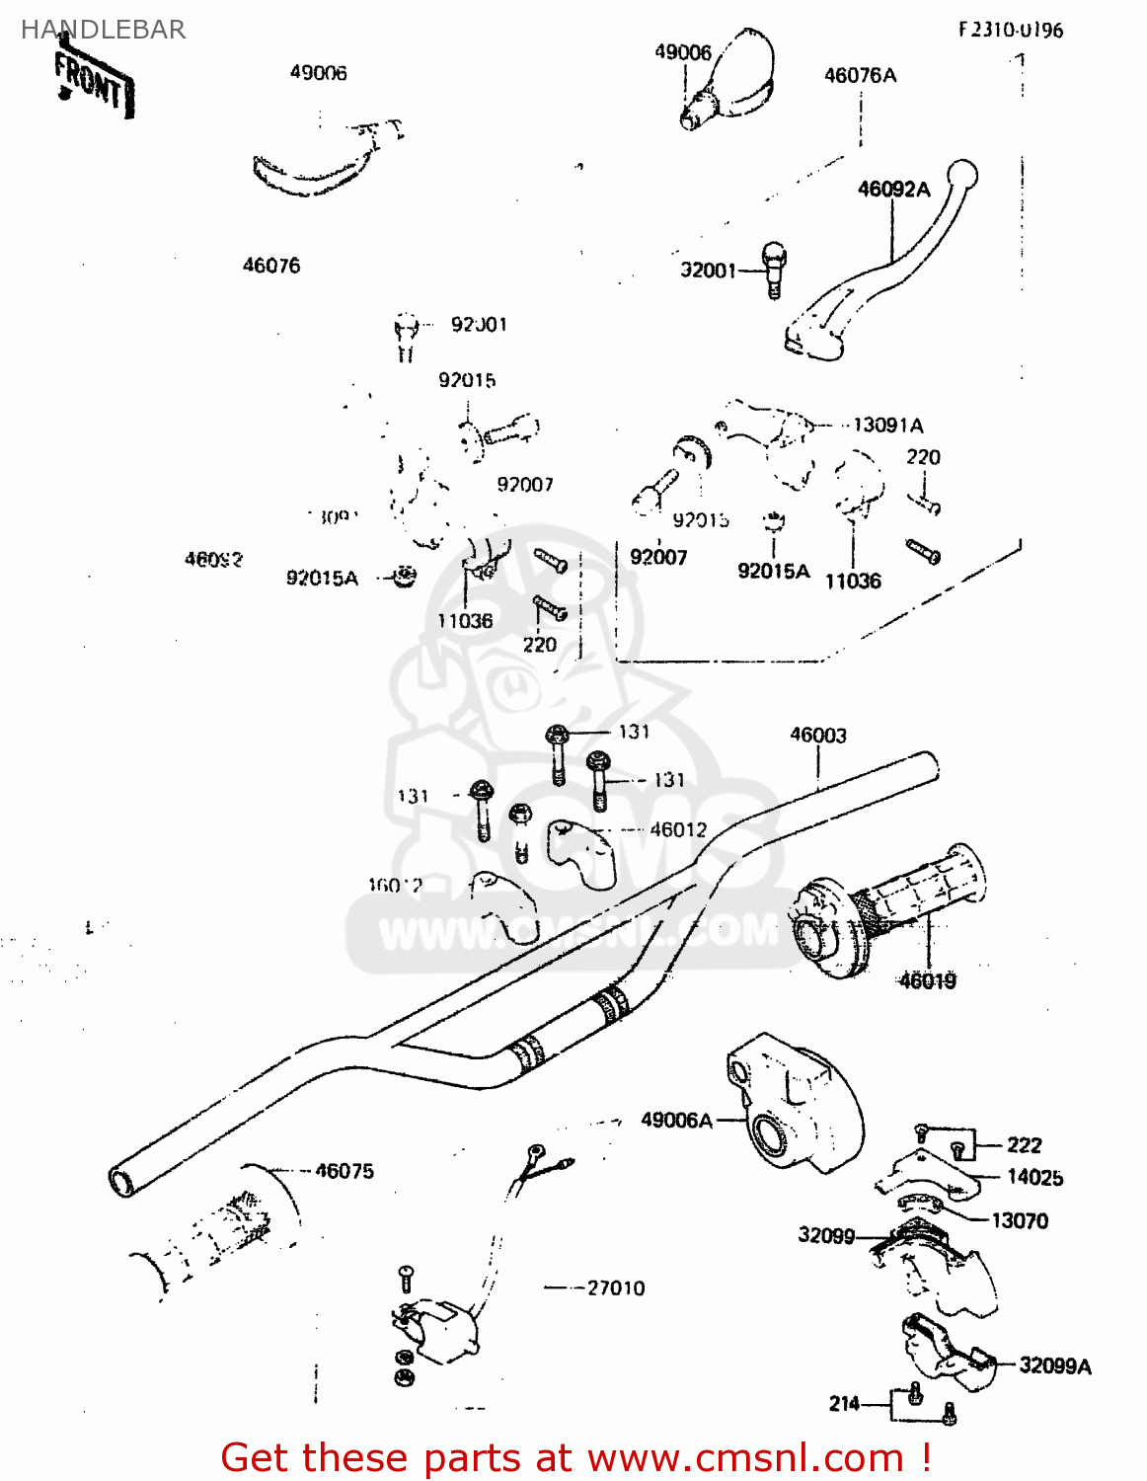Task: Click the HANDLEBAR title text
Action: [x=104, y=30]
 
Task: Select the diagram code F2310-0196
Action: [x=1010, y=30]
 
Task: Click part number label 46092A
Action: [x=893, y=190]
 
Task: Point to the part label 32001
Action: [x=708, y=271]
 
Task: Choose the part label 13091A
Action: [x=887, y=426]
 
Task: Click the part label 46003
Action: [x=817, y=735]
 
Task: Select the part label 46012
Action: [x=678, y=830]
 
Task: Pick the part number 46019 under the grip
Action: [x=927, y=980]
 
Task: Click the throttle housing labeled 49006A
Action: [x=794, y=1100]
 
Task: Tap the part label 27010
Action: [x=615, y=1288]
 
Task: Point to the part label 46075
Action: [x=344, y=1171]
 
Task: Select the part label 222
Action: [x=1024, y=1145]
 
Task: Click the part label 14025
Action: [x=1034, y=1177]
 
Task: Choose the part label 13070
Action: [x=1019, y=1221]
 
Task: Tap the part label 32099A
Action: [x=1054, y=1366]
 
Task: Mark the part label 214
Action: [x=844, y=1404]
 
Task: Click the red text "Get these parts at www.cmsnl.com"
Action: [x=574, y=1457]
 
